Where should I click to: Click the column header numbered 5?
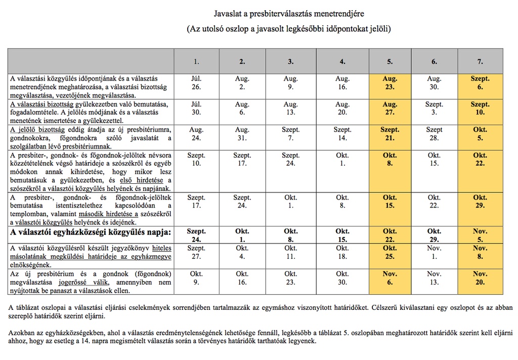pos(390,62)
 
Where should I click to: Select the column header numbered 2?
pos(242,62)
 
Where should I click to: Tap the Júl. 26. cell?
pos(196,83)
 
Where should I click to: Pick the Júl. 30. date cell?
pos(196,108)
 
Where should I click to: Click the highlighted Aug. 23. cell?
pos(390,83)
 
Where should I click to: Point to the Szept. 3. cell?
pos(434,108)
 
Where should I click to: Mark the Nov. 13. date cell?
pos(434,278)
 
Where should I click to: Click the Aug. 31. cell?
pos(242,134)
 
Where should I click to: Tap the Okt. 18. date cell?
pos(342,253)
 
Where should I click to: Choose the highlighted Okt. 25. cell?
pos(390,253)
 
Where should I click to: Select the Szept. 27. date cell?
pos(196,253)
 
